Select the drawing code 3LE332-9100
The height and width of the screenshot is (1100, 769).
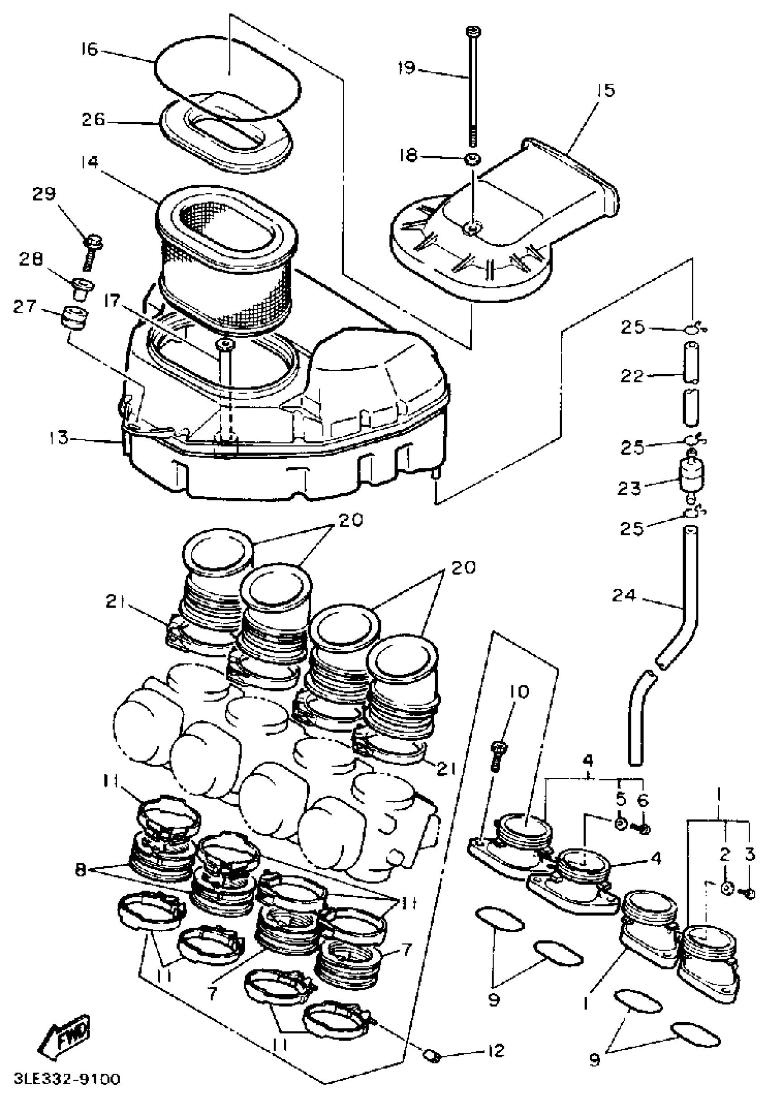(x=67, y=1079)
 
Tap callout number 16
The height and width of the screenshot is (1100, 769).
(x=90, y=49)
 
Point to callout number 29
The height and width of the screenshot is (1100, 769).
(x=44, y=194)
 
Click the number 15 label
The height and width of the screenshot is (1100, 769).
(x=606, y=90)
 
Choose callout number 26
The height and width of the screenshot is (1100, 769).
(x=93, y=119)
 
